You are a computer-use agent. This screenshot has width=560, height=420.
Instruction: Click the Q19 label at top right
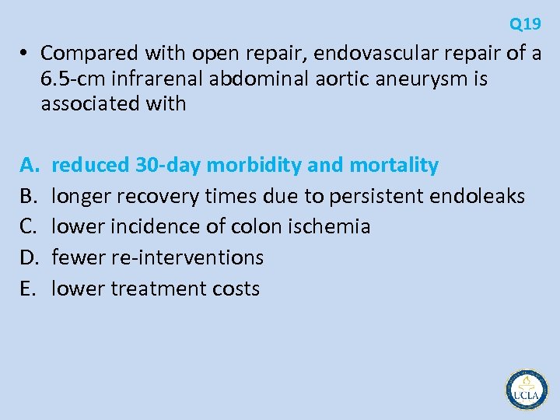pyautogui.click(x=525, y=24)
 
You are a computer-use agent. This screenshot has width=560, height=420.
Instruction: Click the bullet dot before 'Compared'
pyautogui.click(x=25, y=54)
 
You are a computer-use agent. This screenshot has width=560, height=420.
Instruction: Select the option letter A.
pyautogui.click(x=28, y=165)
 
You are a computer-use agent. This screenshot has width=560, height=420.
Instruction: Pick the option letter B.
pyautogui.click(x=28, y=196)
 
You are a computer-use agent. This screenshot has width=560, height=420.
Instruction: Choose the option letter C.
pyautogui.click(x=28, y=226)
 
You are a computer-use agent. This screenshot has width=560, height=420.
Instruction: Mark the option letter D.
pyautogui.click(x=29, y=257)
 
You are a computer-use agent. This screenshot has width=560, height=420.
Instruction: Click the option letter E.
pyautogui.click(x=27, y=289)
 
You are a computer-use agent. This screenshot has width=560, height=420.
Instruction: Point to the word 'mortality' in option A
pyautogui.click(x=394, y=165)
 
